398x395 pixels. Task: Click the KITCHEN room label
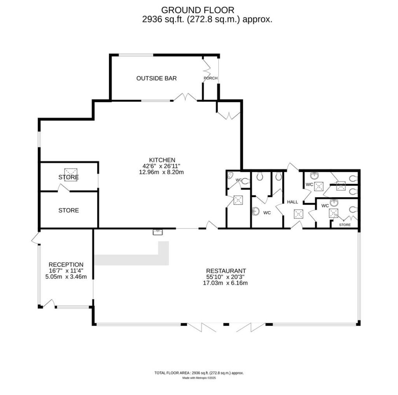point(162,160)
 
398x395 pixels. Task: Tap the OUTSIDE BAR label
point(157,78)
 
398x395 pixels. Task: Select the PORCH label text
point(211,78)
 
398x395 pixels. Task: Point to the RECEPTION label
point(66,265)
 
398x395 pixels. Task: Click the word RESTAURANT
point(226,271)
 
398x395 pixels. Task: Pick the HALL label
point(292,202)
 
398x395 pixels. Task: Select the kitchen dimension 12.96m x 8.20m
point(161,172)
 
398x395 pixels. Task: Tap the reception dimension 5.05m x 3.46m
point(66,277)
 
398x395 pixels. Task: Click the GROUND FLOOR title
point(197,10)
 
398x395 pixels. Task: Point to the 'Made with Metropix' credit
point(199,378)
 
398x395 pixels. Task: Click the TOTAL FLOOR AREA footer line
point(199,373)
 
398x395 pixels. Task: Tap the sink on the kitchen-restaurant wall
point(158,232)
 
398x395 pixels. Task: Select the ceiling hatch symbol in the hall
point(298,214)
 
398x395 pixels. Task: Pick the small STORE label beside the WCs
point(345,225)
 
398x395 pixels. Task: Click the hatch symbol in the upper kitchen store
point(71,172)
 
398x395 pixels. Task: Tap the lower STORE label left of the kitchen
point(68,210)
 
